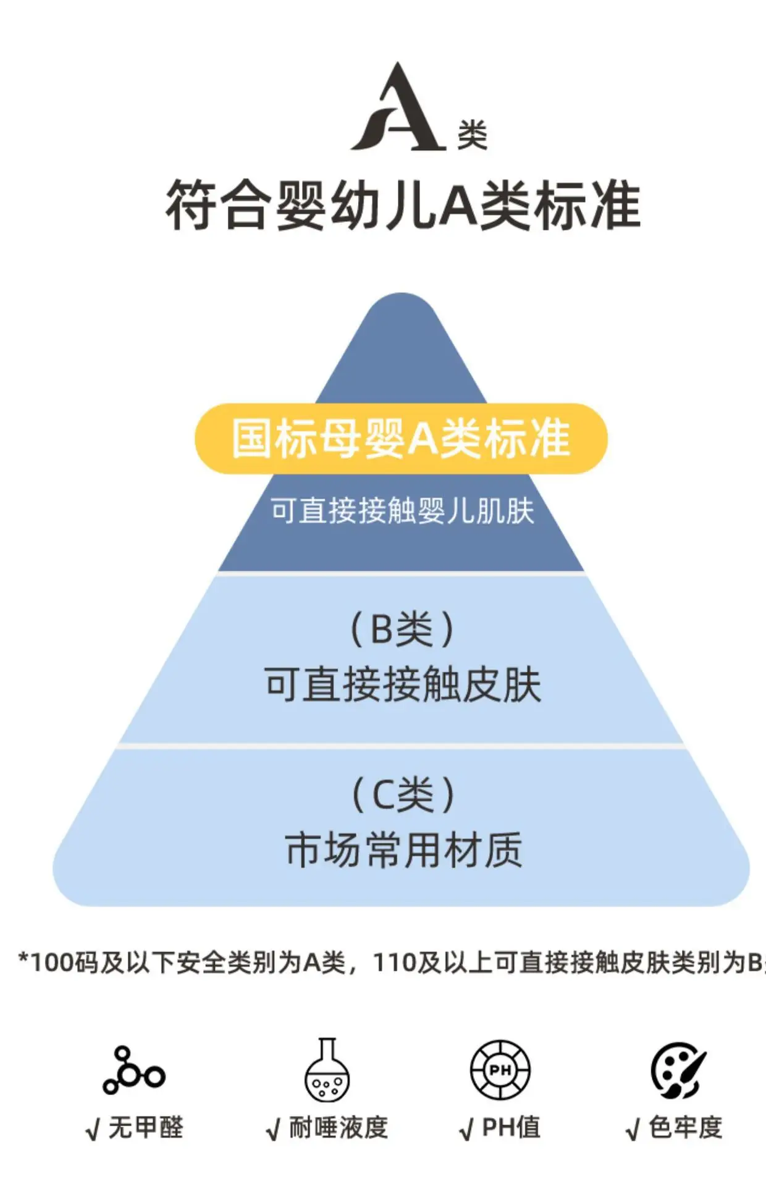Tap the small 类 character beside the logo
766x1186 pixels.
(473, 135)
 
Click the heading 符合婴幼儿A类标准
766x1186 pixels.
(402, 206)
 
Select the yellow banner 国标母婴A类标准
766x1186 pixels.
(401, 439)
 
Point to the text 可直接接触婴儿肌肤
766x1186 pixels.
(402, 511)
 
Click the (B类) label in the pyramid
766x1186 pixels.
(403, 629)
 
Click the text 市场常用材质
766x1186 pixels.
(403, 850)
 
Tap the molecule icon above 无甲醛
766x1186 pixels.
(134, 1070)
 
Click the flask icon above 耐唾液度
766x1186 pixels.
(327, 1069)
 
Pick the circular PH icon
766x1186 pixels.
(500, 1070)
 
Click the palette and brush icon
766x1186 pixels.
(678, 1070)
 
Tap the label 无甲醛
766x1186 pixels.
(146, 1128)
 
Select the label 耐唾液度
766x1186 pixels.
(339, 1128)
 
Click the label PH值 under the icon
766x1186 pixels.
(511, 1128)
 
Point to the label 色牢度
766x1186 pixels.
(686, 1128)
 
